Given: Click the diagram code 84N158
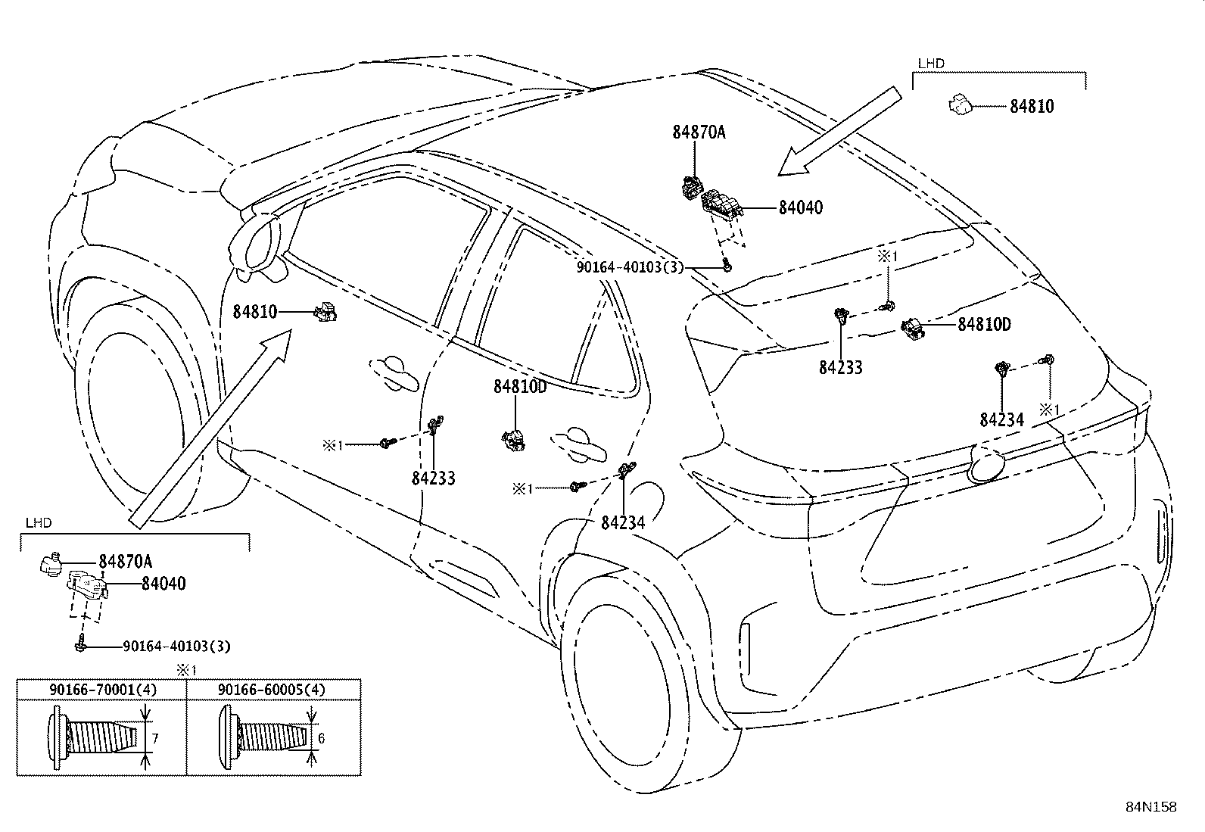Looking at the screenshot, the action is [x=1151, y=807].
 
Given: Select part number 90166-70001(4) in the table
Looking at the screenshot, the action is [x=103, y=690].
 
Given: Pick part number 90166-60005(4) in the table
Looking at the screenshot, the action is [x=272, y=690].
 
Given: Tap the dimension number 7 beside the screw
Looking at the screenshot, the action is [x=155, y=738].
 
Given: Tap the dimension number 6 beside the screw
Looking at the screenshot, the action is [x=321, y=738].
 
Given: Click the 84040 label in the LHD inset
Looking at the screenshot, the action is [x=163, y=584].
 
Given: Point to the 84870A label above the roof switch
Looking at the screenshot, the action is [x=699, y=132].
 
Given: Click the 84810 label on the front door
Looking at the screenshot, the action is [x=255, y=312].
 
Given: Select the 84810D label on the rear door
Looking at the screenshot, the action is [x=520, y=386].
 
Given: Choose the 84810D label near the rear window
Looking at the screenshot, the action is [x=985, y=324].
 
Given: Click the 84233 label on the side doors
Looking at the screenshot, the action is [x=434, y=478].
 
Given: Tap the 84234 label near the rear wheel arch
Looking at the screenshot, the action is [x=623, y=522].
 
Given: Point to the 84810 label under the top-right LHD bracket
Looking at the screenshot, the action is [x=1032, y=106].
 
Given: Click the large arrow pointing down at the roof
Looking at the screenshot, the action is [x=839, y=131].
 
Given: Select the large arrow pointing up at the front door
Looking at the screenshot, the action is [x=210, y=428].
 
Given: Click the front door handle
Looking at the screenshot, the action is [x=394, y=372].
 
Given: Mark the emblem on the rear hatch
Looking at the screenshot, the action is [x=986, y=464].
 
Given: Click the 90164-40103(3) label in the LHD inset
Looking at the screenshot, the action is [x=176, y=646].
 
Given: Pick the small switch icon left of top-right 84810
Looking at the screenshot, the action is [x=961, y=105].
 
